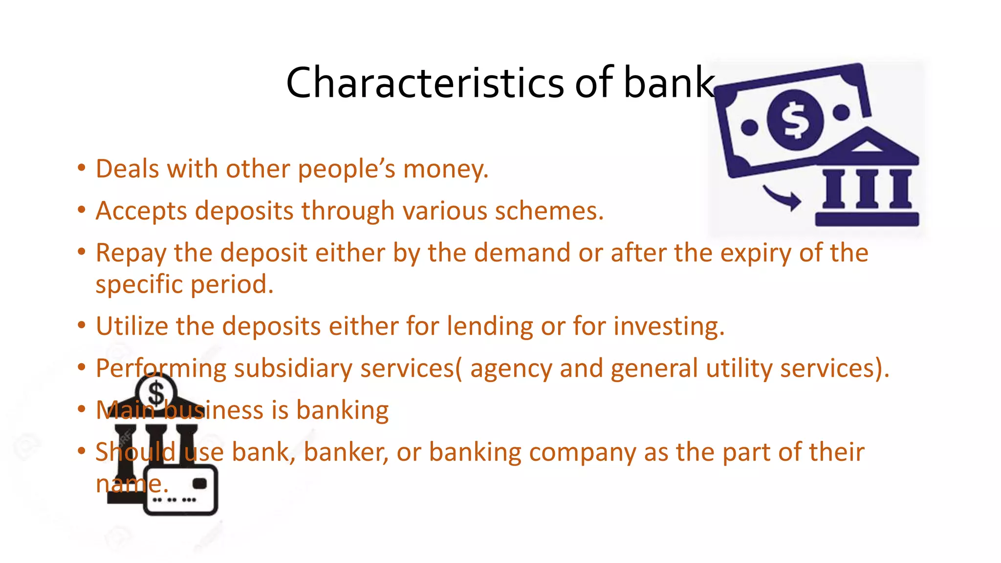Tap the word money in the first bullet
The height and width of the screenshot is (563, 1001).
(x=445, y=169)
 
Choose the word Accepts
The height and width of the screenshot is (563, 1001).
(x=141, y=211)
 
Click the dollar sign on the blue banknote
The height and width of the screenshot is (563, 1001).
(x=794, y=120)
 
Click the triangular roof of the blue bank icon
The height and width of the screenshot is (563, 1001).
(x=867, y=145)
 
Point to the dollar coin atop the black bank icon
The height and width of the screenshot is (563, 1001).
(x=156, y=393)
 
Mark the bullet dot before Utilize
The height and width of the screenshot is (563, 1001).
(x=82, y=325)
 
